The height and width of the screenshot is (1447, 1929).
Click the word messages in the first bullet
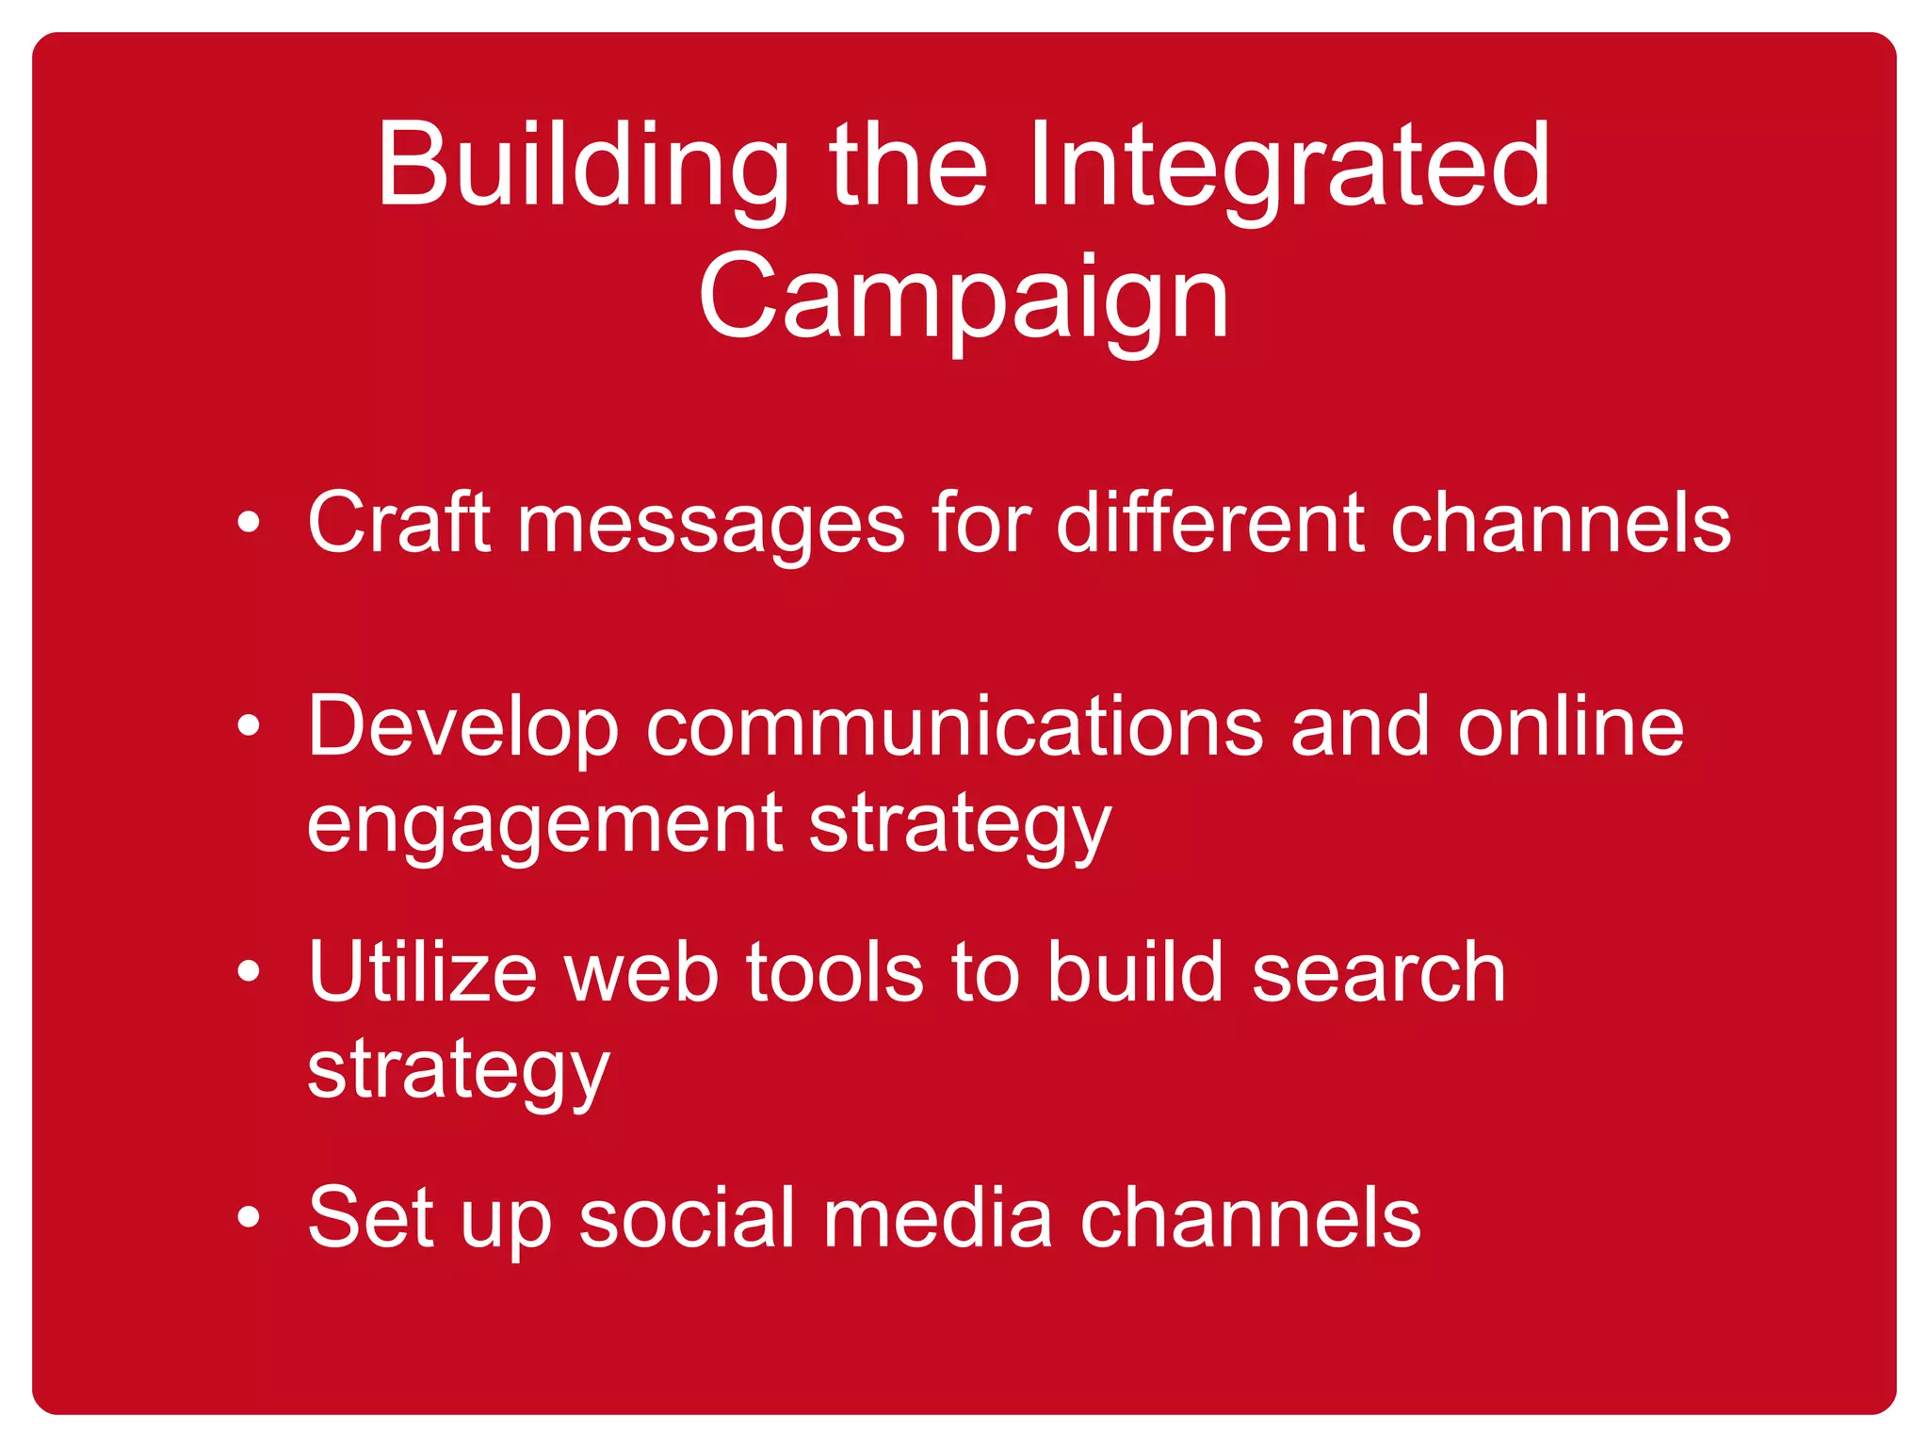pyautogui.click(x=711, y=526)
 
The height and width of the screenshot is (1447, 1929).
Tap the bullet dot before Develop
pyautogui.click(x=249, y=725)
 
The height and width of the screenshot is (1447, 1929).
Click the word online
pyautogui.click(x=1570, y=725)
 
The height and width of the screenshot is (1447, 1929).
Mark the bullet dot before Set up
pyautogui.click(x=249, y=1217)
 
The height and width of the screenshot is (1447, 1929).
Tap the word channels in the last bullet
pyautogui.click(x=1250, y=1217)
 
